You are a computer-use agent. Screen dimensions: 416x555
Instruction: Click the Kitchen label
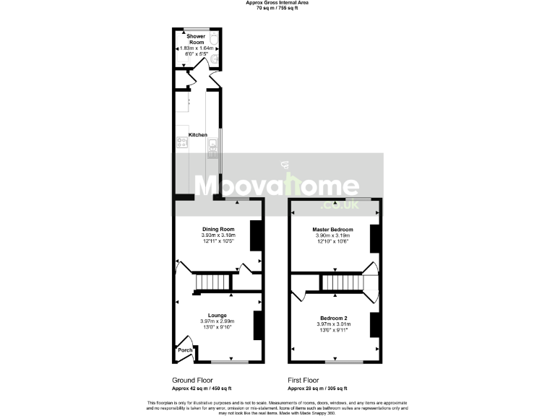198,135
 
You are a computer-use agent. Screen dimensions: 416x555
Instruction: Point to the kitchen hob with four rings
181,143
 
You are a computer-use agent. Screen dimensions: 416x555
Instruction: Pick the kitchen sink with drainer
212,149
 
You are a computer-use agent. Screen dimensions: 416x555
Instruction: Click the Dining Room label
218,230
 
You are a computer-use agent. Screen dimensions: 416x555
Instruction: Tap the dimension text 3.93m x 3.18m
218,235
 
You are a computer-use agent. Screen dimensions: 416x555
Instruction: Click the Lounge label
218,315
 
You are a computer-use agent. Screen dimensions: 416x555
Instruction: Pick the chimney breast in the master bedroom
374,239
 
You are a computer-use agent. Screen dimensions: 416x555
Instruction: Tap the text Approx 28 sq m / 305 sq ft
317,388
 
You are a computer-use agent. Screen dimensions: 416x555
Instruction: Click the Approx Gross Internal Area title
277,3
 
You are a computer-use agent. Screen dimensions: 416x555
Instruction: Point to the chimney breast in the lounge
257,325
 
